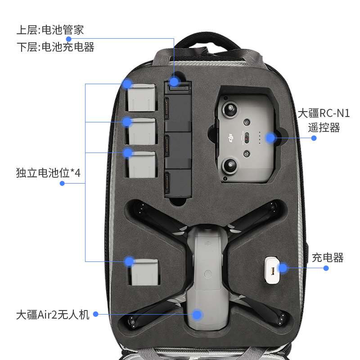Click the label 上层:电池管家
point(50,30)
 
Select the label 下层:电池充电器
point(55,47)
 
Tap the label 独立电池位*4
point(48,172)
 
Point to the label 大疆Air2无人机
point(53,314)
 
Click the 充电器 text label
point(328,257)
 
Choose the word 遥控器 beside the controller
point(324,127)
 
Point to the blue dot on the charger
point(283,269)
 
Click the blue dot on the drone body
point(198,314)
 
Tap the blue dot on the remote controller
point(270,138)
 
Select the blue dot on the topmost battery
point(127,84)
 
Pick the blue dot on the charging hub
point(175,81)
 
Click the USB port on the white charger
point(273,271)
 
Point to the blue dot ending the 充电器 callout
point(326,268)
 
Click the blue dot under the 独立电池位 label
point(63,183)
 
